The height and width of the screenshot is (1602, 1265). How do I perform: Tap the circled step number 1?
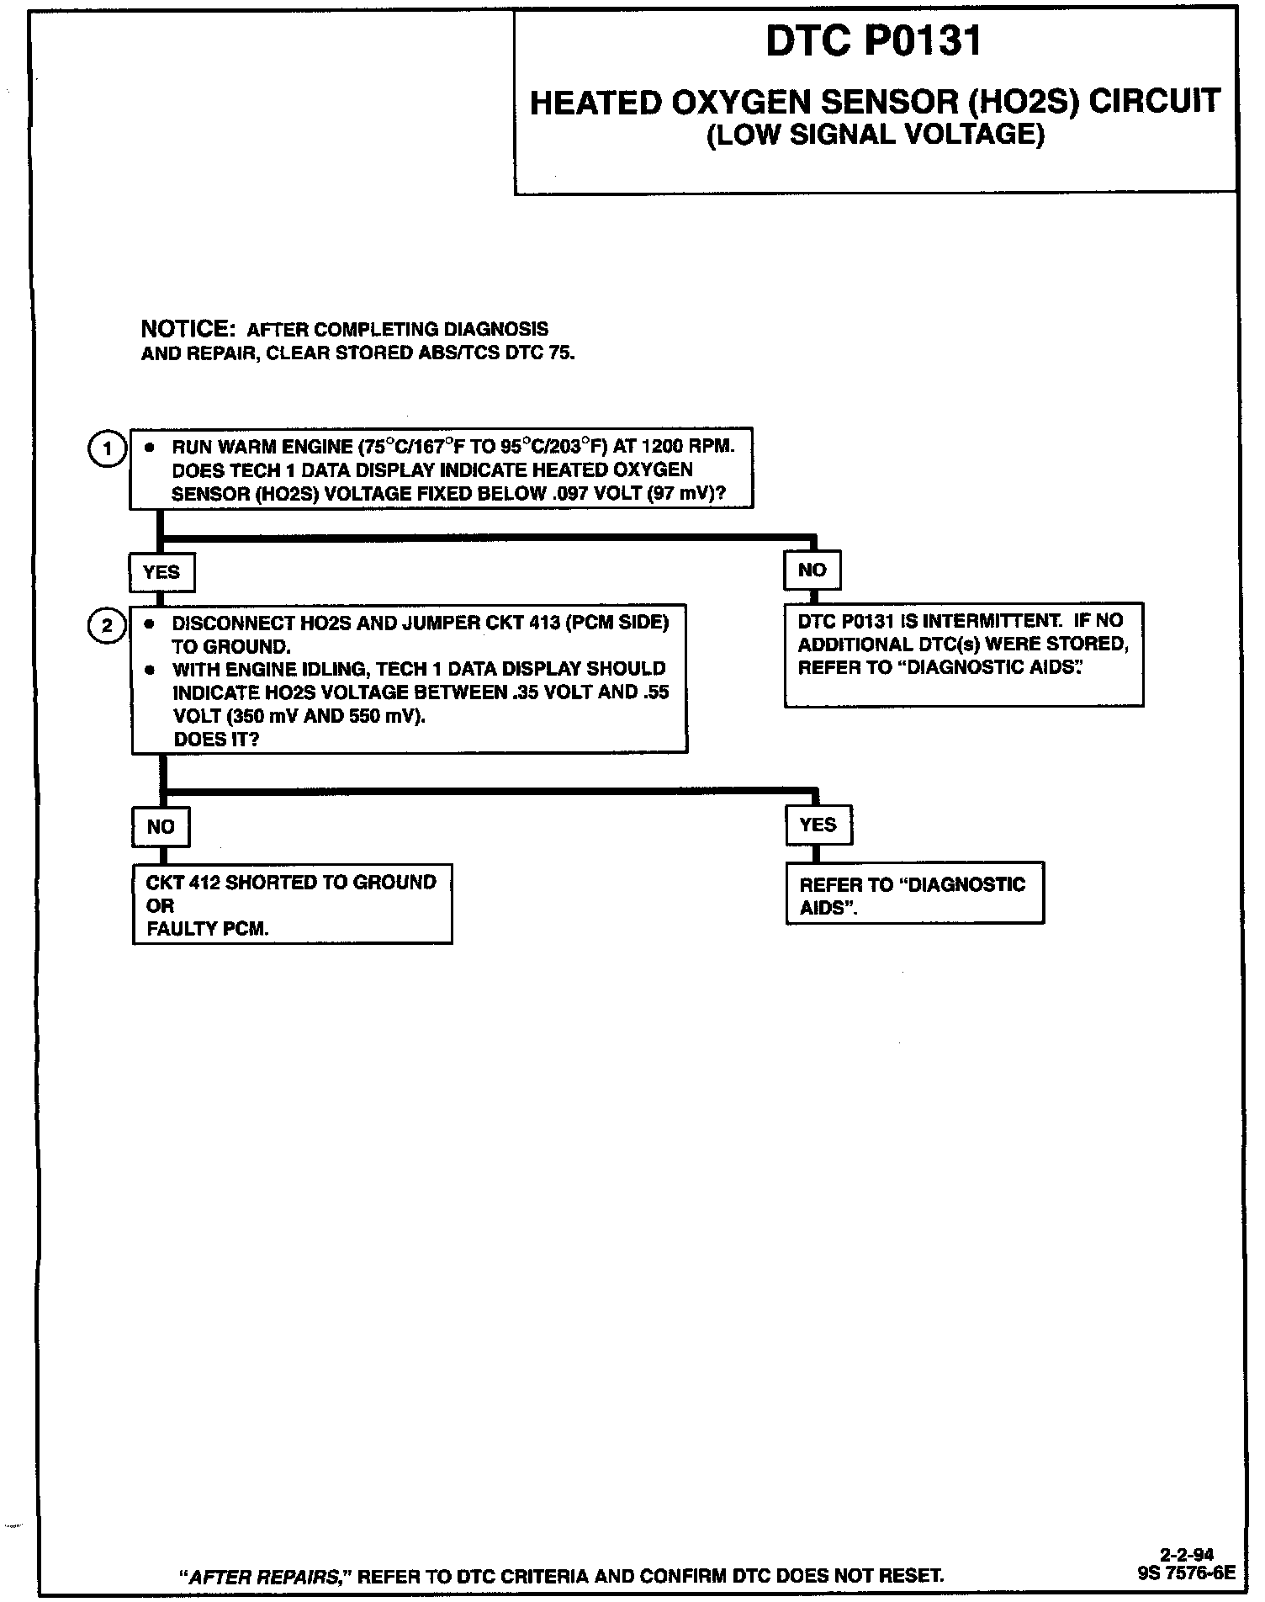click(x=107, y=448)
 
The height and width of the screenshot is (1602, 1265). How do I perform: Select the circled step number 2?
click(x=107, y=626)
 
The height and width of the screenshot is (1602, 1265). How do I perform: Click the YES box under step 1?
click(x=161, y=572)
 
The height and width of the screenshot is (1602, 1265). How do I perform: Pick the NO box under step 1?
click(x=812, y=570)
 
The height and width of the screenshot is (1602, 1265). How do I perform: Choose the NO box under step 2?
click(x=161, y=827)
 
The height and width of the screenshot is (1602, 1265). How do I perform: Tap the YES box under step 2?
click(x=818, y=825)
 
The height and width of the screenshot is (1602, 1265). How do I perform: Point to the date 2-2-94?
click(x=1186, y=1554)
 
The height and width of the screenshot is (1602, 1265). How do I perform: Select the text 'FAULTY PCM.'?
click(x=208, y=929)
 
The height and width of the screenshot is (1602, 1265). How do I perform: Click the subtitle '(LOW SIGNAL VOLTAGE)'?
click(x=875, y=134)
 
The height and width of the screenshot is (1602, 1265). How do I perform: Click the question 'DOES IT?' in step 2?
click(x=216, y=739)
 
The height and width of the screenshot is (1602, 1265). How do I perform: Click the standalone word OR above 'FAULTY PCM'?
click(x=159, y=905)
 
